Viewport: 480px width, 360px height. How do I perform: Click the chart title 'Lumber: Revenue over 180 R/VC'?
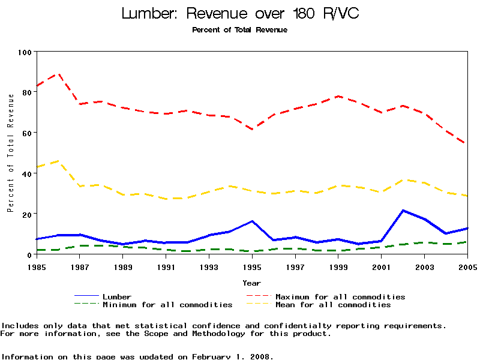240,14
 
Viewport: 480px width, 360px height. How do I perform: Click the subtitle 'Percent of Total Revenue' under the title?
239,30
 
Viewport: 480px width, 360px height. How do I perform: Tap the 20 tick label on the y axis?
26,214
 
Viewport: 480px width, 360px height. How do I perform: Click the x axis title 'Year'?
251,283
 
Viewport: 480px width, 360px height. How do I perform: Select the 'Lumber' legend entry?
117,296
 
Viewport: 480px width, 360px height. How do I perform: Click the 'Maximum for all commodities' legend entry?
340,296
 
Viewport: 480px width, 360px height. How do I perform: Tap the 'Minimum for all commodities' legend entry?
167,304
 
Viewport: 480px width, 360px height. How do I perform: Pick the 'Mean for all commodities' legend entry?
333,304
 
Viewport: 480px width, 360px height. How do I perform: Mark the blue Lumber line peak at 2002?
403,210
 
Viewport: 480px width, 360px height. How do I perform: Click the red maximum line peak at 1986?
58,73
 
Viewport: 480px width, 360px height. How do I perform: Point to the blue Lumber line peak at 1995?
252,221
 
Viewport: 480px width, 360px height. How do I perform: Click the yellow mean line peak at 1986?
58,161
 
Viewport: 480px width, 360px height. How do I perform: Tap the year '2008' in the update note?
260,356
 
